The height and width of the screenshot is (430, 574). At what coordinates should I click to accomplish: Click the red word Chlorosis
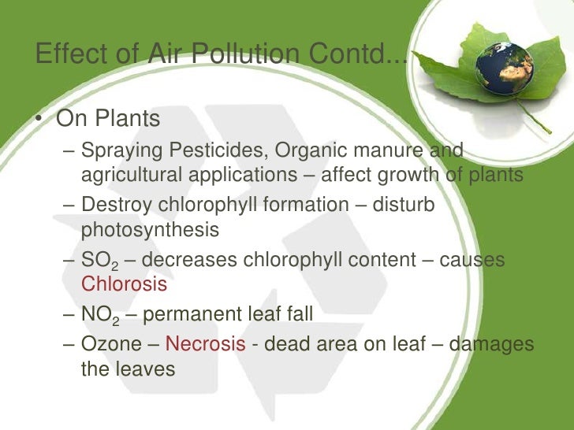(124, 284)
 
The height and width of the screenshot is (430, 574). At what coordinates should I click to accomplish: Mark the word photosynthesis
(150, 230)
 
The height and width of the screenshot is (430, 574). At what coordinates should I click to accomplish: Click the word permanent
(190, 315)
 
